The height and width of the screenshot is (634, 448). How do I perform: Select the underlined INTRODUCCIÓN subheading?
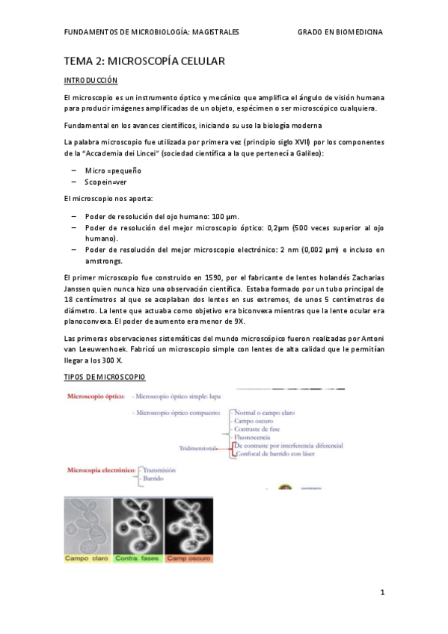[x=90, y=80]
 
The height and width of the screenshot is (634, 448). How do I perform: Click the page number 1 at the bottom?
[x=381, y=593]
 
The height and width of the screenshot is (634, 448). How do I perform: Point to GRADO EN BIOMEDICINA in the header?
[x=340, y=31]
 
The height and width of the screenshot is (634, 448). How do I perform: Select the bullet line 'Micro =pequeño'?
[x=113, y=170]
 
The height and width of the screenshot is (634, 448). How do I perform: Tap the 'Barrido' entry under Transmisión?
[x=155, y=478]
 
